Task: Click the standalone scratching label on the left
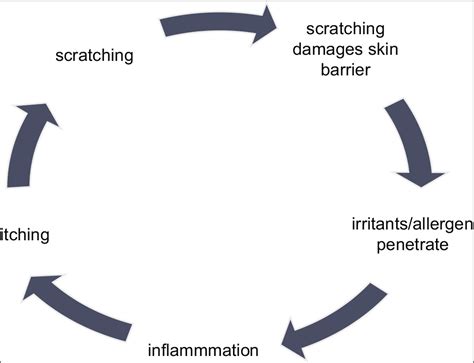[94, 55]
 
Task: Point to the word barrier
[345, 70]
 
